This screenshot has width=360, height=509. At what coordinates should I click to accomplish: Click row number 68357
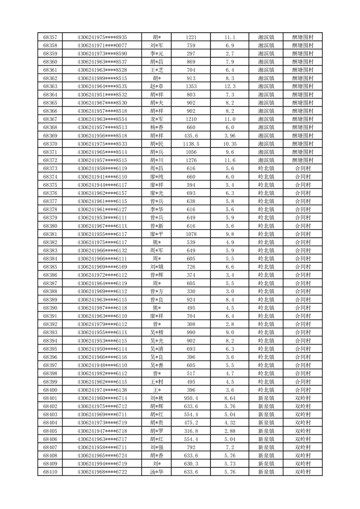(x=50, y=37)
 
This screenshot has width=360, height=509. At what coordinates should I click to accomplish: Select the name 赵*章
(x=157, y=86)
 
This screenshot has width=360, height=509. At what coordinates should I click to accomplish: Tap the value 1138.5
(x=191, y=144)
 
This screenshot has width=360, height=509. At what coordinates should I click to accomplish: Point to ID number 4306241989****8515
(x=102, y=78)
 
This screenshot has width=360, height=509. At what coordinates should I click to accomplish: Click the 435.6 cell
(x=191, y=136)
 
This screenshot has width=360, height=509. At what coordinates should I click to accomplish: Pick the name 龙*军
(x=157, y=119)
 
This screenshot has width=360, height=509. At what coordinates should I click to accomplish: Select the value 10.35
(x=229, y=144)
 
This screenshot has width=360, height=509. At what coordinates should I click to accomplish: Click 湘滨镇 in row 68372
(x=266, y=160)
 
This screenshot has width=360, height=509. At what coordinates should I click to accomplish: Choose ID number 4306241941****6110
(x=102, y=176)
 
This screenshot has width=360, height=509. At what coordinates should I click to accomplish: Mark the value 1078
(x=191, y=234)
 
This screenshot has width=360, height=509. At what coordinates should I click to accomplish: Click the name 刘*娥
(x=157, y=267)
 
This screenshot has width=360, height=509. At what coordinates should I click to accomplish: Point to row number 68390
(x=50, y=308)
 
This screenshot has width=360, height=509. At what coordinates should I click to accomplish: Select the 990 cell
(x=191, y=333)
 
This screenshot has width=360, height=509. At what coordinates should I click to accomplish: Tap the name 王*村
(x=157, y=382)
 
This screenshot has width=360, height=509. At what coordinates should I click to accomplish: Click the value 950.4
(x=191, y=398)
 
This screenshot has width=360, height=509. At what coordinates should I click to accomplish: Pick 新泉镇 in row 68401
(x=266, y=398)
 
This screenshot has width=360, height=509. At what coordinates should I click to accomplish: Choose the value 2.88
(x=229, y=431)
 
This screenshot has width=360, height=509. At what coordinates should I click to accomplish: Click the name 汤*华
(x=157, y=472)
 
